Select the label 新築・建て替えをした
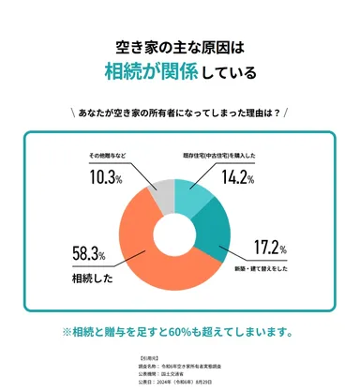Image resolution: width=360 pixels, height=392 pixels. pyautogui.click(x=274, y=268)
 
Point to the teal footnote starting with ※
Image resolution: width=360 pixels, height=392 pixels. pyautogui.click(x=179, y=330)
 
